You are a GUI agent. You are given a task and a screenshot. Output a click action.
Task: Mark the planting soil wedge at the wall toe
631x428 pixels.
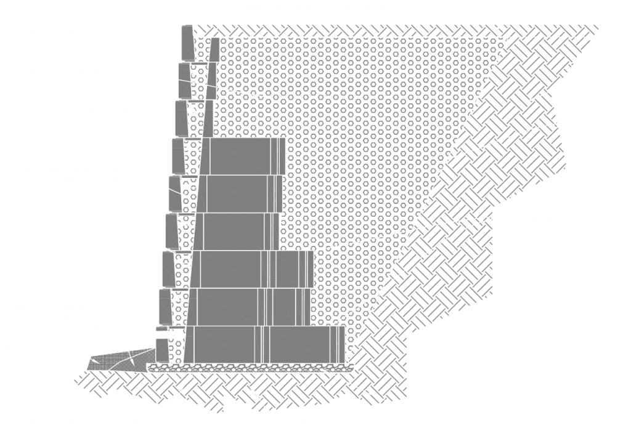[x=120, y=360]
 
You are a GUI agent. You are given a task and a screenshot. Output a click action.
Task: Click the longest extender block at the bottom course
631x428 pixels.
[x=265, y=344]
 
